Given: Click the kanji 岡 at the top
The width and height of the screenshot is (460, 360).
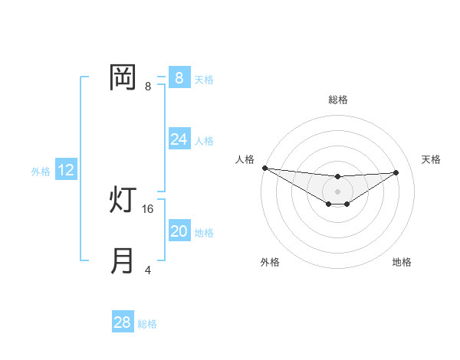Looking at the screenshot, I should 123,77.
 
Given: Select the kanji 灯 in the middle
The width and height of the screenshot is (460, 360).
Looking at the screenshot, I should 123,200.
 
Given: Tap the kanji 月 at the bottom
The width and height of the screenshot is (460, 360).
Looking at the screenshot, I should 123,261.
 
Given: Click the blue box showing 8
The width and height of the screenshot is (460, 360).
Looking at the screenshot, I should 179,77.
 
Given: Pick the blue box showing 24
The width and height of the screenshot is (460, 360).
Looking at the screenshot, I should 179,139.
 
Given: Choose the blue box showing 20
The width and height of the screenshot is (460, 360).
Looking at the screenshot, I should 179,231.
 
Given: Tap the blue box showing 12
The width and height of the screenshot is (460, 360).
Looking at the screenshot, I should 66,170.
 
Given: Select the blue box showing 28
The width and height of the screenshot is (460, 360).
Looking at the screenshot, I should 123,322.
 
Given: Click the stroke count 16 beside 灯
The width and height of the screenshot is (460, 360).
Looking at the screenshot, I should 149,208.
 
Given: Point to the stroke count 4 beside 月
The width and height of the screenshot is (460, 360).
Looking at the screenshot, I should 148,270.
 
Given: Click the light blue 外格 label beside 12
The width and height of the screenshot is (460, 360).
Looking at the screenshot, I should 41,172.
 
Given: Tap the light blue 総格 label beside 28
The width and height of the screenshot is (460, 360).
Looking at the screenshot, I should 148,324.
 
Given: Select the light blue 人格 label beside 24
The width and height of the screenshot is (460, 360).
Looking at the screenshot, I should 204,141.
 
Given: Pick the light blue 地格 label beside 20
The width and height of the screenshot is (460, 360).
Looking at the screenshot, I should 204,233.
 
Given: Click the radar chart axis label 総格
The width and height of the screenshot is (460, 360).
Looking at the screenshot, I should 338,100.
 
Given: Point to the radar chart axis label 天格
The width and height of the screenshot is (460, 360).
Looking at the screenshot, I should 431,159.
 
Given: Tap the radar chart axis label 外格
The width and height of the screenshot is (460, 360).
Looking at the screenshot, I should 270,262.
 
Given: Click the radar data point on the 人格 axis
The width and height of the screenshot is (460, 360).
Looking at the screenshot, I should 264,168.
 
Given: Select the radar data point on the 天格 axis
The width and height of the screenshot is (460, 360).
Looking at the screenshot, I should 396,172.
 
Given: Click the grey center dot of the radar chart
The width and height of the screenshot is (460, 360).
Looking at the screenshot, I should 338,191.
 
